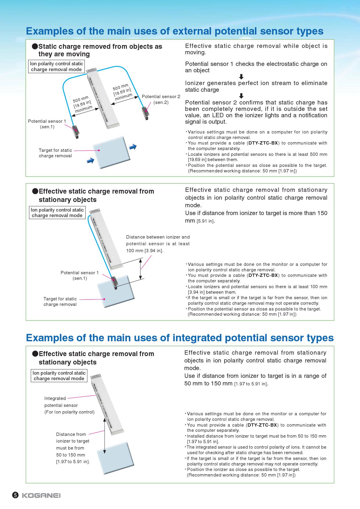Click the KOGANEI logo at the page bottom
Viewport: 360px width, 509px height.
pos(41,495)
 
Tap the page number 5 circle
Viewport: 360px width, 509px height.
pos(15,495)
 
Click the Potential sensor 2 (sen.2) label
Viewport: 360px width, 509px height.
pos(161,99)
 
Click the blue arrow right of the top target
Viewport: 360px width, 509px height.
pos(133,147)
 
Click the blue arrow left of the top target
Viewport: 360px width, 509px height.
pos(91,160)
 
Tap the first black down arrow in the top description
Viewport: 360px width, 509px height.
pos(241,77)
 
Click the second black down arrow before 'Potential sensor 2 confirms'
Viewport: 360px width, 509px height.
pos(241,96)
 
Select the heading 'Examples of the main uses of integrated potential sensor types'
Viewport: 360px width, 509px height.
pos(180,338)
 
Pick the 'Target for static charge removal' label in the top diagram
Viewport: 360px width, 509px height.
pos(55,153)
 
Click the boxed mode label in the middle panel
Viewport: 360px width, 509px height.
pos(57,213)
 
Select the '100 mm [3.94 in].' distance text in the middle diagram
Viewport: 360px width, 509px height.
pos(145,251)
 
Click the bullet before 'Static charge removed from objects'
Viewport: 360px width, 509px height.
pos(35,46)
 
